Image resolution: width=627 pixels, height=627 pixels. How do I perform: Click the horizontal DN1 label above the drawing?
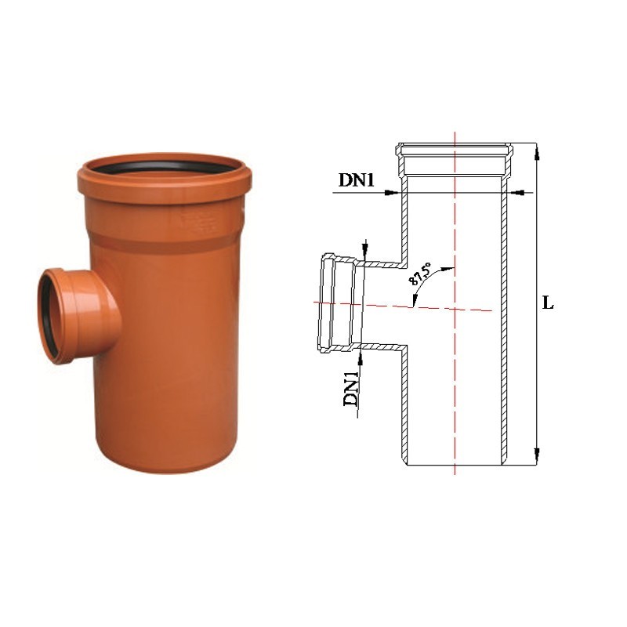click(357, 179)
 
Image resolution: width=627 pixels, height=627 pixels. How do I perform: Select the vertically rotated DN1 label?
click(351, 389)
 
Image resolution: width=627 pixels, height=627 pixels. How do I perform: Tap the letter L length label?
click(548, 303)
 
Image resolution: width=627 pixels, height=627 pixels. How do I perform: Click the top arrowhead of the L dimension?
click(537, 150)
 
